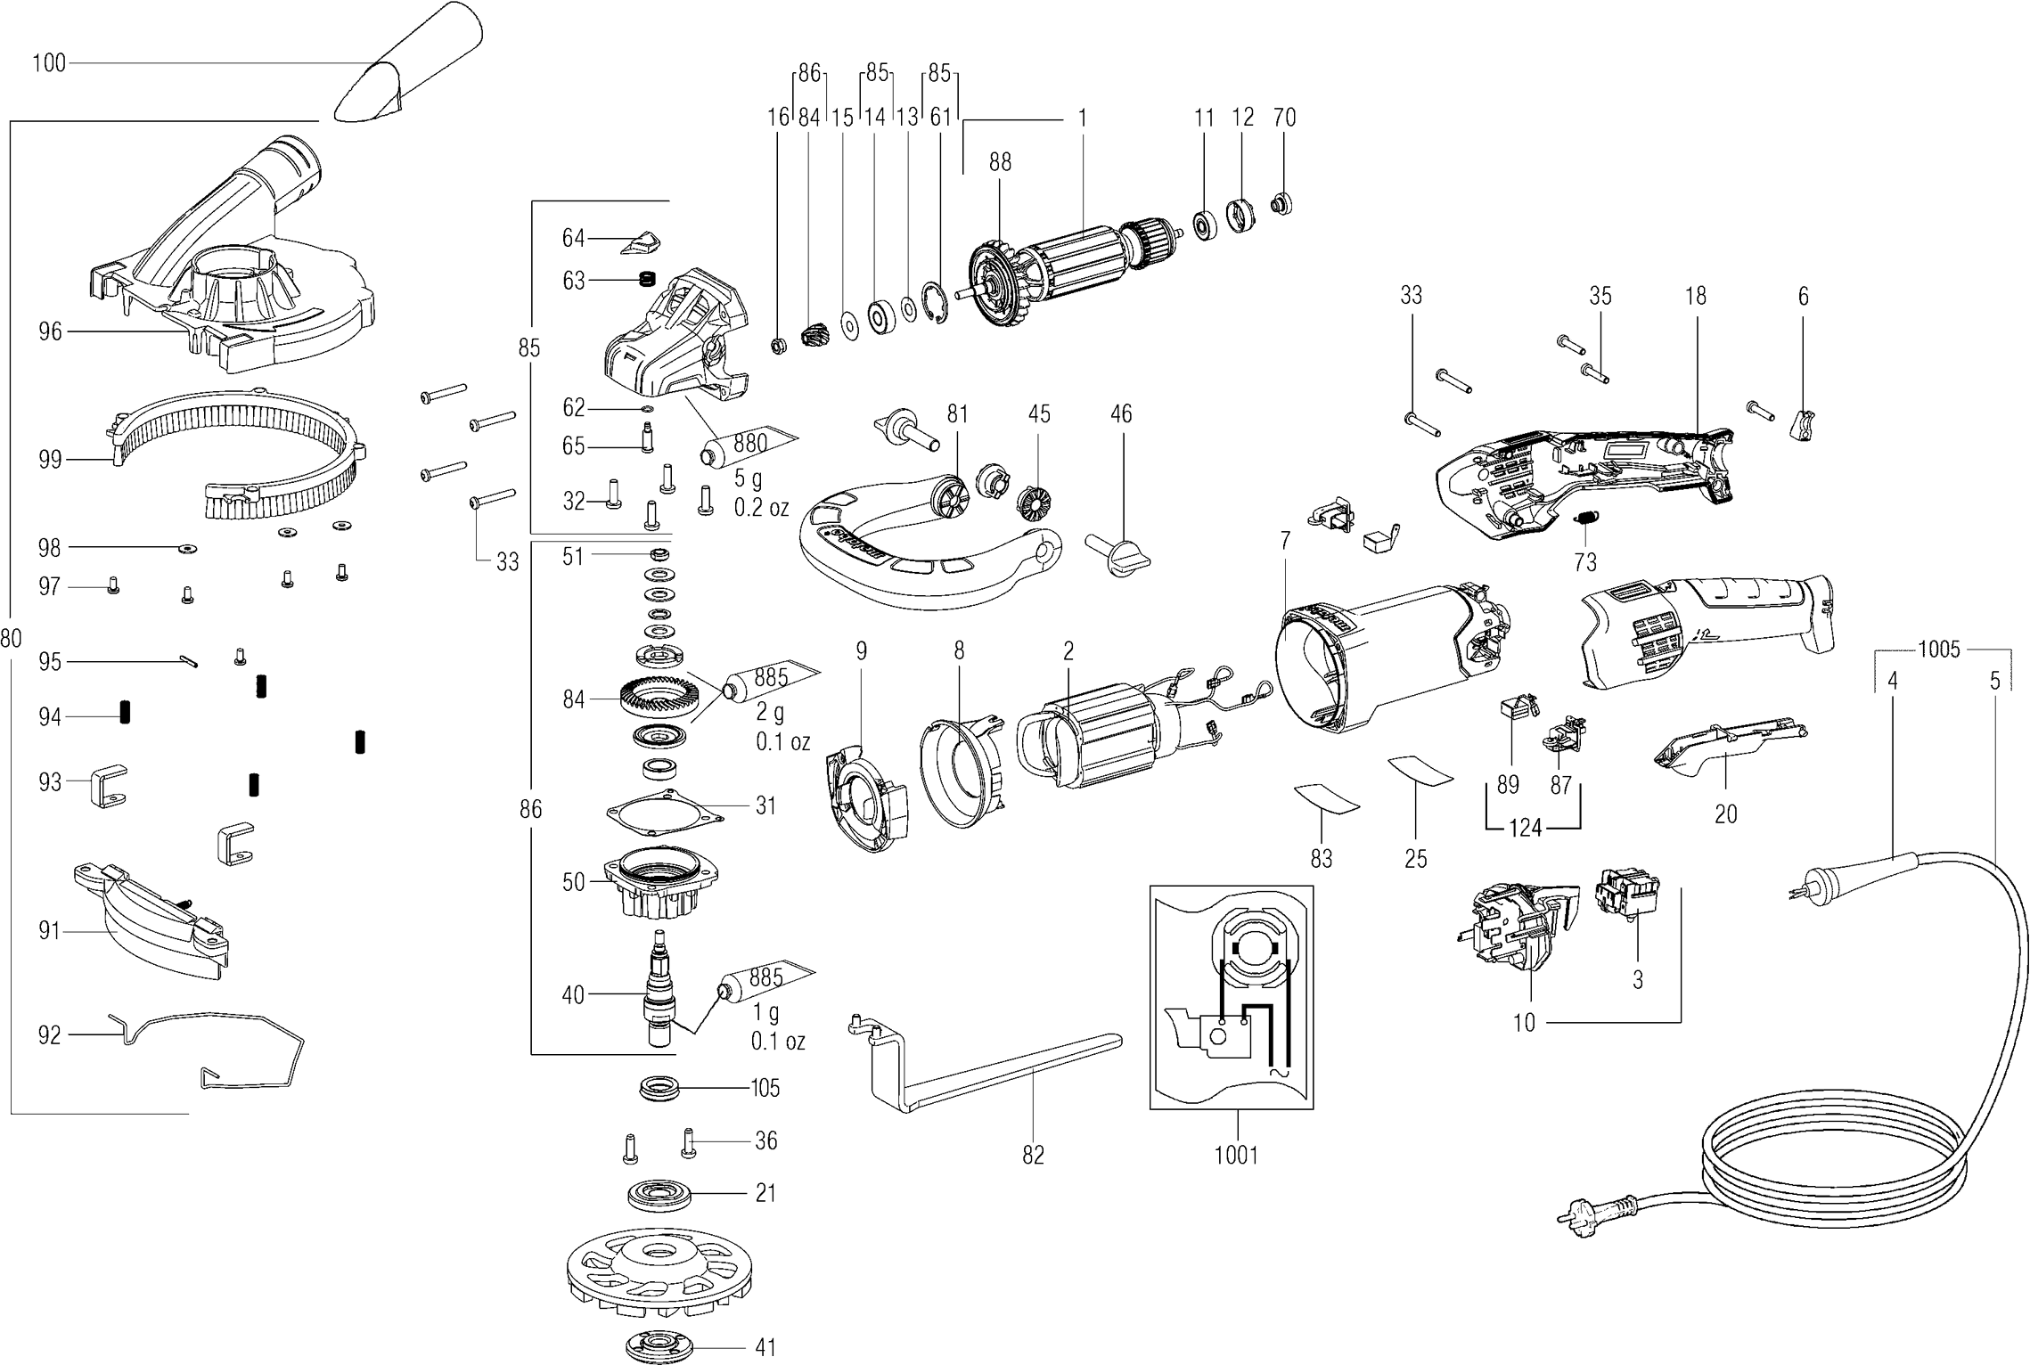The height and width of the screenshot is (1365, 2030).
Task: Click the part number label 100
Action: (49, 63)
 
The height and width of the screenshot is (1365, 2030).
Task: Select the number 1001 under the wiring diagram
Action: (1236, 1156)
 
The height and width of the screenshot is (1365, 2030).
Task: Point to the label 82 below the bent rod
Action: (1033, 1155)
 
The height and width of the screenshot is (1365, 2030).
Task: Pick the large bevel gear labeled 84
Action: (657, 699)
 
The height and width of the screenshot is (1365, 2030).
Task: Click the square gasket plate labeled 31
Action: (663, 811)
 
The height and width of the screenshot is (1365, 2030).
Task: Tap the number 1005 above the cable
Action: (1939, 650)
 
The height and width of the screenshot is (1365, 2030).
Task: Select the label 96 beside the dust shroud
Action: (50, 331)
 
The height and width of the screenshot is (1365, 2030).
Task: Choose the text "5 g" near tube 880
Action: (748, 479)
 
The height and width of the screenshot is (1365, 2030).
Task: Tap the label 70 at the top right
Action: (1284, 118)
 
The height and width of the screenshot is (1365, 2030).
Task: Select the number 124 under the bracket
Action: (1525, 829)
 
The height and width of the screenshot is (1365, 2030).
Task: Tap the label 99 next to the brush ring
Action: (50, 460)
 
